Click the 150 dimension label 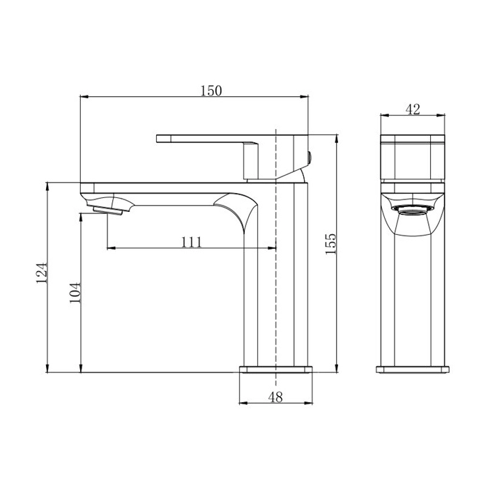[x=211, y=91]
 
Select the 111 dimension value [x=192, y=242]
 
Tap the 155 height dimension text [x=331, y=244]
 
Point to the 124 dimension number [x=42, y=273]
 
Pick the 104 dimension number [x=75, y=293]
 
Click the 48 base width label [x=275, y=397]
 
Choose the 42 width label [x=413, y=109]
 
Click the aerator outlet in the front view [x=413, y=210]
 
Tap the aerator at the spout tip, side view [x=107, y=211]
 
